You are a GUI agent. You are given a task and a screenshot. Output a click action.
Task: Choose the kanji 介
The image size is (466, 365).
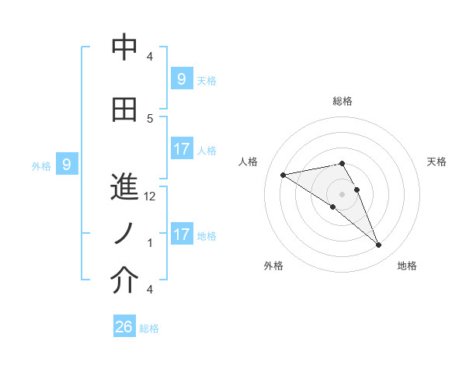[124, 281]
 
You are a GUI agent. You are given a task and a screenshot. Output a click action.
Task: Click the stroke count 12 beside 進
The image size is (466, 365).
[151, 196]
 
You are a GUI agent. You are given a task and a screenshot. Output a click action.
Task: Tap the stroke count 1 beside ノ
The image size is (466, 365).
[151, 242]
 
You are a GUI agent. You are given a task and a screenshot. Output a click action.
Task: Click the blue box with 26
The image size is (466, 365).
[124, 327]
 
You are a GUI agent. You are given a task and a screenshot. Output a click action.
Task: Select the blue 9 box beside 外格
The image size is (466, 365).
[67, 165]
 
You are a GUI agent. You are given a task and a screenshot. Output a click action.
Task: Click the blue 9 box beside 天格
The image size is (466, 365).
[181, 79]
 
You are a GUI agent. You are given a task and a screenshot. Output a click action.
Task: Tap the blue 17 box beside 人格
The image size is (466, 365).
[181, 149]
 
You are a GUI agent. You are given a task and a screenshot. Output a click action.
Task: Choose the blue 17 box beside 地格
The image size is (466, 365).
[181, 234]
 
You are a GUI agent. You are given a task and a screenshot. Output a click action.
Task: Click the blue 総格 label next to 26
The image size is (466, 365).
[150, 328]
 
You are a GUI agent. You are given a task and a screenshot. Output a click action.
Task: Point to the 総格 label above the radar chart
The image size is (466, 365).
[343, 101]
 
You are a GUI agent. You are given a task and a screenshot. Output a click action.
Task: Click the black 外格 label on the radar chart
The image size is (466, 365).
[273, 266]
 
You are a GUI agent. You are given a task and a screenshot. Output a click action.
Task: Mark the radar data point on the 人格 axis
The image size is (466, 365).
[283, 174]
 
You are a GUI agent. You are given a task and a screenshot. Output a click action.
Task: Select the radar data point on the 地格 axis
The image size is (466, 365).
[379, 245]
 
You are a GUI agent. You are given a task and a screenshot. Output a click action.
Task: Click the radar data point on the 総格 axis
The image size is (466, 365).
[343, 163]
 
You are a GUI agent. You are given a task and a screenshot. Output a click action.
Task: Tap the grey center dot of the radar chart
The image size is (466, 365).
[343, 193]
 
